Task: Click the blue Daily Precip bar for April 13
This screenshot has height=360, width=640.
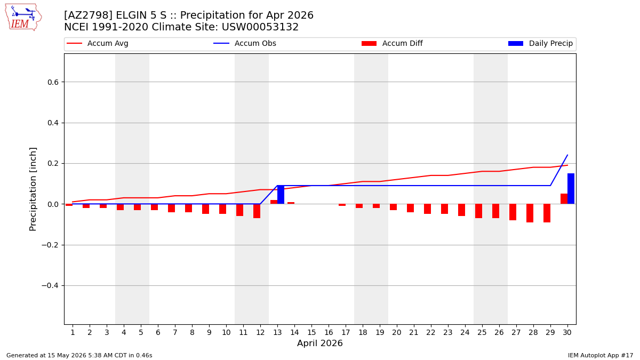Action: coord(281,195)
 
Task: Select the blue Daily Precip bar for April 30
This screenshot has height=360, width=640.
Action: coord(571,189)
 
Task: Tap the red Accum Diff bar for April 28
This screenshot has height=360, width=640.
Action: coord(530,213)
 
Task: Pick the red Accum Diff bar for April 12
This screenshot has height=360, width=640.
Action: coord(257,211)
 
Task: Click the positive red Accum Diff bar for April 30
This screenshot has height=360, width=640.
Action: coord(564,199)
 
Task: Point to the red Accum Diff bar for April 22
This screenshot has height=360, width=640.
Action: coord(427,209)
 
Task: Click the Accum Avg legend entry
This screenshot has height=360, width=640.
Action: coord(98,43)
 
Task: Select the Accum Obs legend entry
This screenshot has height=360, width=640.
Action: coord(245,43)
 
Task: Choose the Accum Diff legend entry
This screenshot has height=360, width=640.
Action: coord(392,43)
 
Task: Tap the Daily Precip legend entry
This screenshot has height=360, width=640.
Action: coord(541,43)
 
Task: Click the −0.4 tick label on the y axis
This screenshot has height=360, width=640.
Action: coord(50,286)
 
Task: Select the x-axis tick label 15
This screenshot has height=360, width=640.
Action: coord(311,333)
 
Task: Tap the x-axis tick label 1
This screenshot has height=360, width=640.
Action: coord(73,333)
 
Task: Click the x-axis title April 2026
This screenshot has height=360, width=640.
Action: coord(319,343)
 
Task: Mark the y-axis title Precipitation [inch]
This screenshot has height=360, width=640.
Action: coord(33,189)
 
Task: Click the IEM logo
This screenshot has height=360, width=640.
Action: coord(23,18)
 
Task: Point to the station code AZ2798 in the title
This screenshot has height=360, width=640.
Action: coord(88,15)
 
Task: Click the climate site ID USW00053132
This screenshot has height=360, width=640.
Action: coord(260,27)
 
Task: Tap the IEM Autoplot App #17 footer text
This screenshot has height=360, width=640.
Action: coord(601,355)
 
